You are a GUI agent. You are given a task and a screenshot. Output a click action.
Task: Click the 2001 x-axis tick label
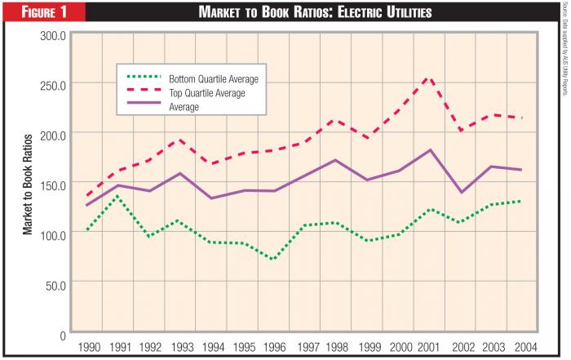click(x=430, y=348)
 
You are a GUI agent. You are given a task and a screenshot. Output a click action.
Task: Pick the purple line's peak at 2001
click(x=431, y=150)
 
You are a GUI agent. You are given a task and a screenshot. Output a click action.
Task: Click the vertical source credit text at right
click(x=563, y=49)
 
